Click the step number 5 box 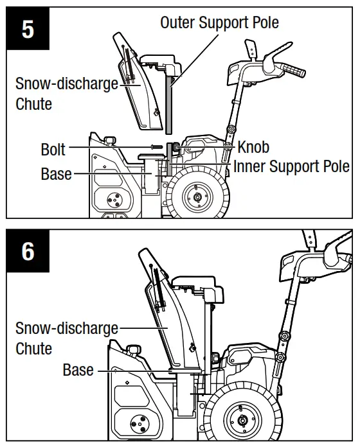28,30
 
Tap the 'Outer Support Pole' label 219,22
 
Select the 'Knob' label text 253,146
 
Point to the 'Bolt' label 53,149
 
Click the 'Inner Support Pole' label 291,166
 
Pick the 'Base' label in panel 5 57,174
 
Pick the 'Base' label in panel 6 78,370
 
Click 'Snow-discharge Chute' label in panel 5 67,94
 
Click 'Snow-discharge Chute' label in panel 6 67,338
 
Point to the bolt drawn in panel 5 157,147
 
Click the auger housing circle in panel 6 137,423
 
